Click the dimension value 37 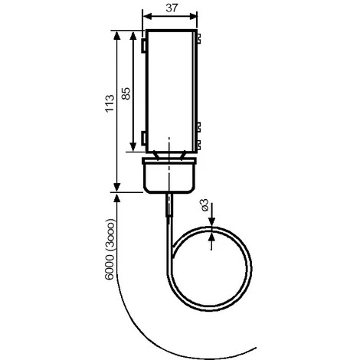[172, 8]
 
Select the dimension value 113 [110, 103]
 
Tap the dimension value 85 [126, 93]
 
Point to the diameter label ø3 [205, 205]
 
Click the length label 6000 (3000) [110, 250]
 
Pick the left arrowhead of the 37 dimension [148, 16]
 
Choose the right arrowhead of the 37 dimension [192, 16]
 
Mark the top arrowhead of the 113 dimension [116, 35]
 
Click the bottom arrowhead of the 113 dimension [116, 187]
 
